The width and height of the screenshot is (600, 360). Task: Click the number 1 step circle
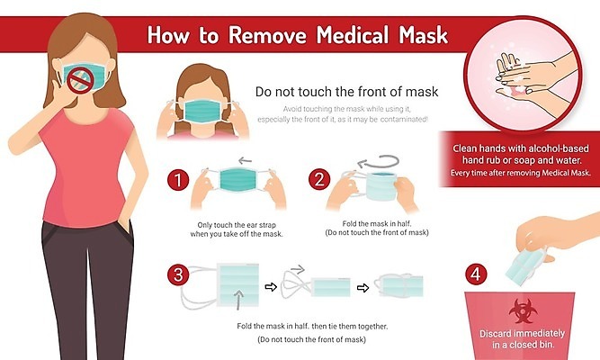[x=178, y=180]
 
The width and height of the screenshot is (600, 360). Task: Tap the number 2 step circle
[x=319, y=179]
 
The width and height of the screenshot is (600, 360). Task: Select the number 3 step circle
[x=178, y=274]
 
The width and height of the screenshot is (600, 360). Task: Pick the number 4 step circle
[x=476, y=274]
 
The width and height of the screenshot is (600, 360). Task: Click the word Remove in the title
[x=267, y=35]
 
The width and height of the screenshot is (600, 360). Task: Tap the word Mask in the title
[x=423, y=35]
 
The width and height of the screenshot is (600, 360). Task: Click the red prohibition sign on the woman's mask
[x=81, y=80]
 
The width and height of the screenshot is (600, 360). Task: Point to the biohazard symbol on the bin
[x=523, y=311]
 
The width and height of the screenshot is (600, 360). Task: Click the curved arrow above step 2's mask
[x=379, y=162]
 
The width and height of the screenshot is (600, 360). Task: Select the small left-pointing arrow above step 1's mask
[x=245, y=160]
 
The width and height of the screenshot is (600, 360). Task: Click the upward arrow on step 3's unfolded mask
[x=238, y=300]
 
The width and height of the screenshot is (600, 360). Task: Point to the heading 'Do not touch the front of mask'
[x=346, y=92]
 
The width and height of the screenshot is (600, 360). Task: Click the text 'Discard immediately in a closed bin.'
[x=523, y=339]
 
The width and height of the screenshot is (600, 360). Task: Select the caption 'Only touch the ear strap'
[x=237, y=225]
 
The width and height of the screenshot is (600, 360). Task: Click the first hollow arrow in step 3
[x=271, y=287]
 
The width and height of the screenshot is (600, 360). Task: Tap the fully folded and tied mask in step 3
[x=399, y=285]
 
